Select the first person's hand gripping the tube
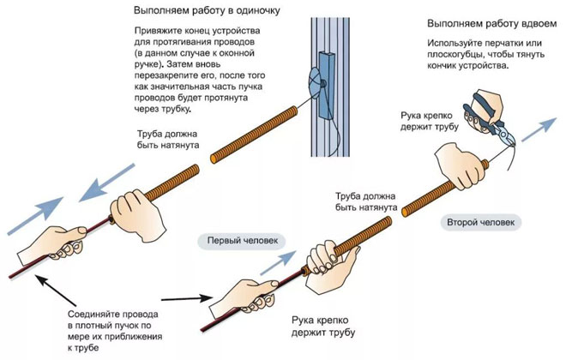(323, 259)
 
